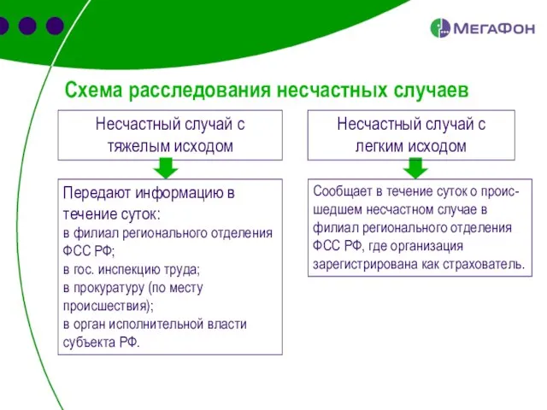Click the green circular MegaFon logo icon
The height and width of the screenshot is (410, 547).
pos(440,28)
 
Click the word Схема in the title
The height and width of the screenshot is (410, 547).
pos(93,89)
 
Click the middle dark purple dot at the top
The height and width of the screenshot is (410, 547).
pos(28,26)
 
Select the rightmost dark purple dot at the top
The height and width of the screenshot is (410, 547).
pos(56,26)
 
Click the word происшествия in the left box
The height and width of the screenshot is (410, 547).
pos(106,306)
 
